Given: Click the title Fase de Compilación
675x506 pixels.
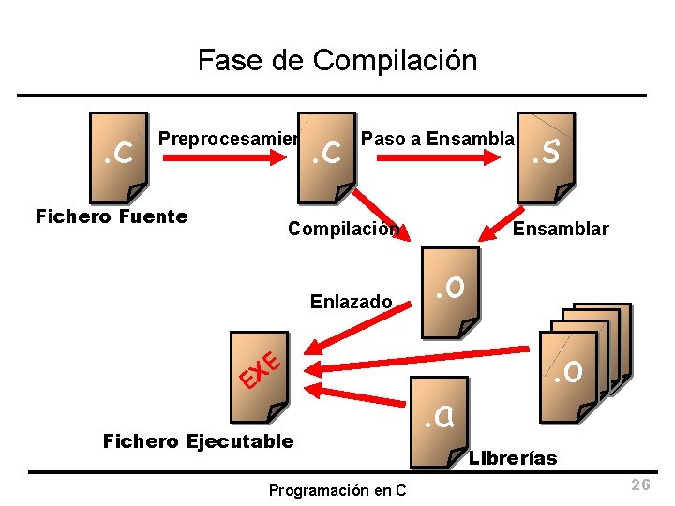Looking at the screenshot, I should pyautogui.click(x=337, y=61).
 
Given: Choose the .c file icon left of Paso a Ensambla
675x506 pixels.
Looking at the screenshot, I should pyautogui.click(x=327, y=157).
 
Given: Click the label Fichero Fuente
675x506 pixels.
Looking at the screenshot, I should pyautogui.click(x=112, y=217).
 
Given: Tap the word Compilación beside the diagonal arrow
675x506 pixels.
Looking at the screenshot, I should pyautogui.click(x=343, y=229).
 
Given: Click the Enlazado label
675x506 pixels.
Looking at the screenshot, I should pyautogui.click(x=351, y=301).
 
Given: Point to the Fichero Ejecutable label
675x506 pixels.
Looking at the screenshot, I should pyautogui.click(x=198, y=440).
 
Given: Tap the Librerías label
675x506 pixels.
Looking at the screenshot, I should pyautogui.click(x=512, y=458).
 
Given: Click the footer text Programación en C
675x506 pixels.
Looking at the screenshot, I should pyautogui.click(x=337, y=490).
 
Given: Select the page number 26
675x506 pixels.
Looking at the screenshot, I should pyautogui.click(x=640, y=484).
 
